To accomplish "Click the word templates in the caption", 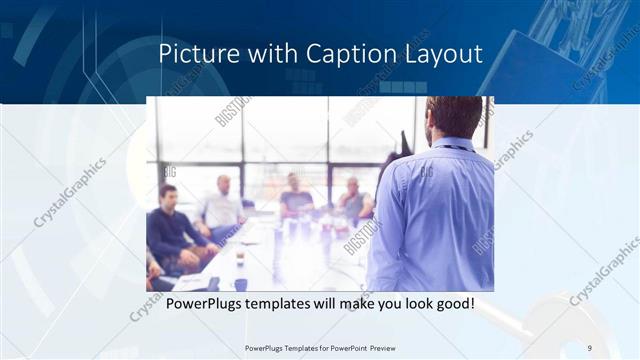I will tap(291, 303).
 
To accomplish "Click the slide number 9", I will tap(589, 347).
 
